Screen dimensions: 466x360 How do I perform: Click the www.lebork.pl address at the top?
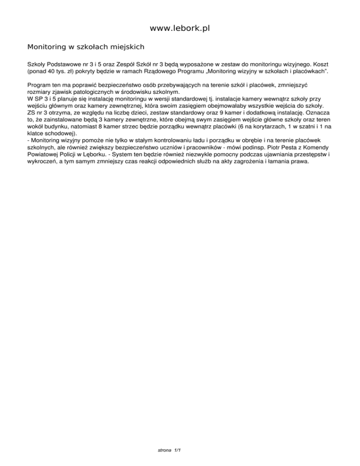180,29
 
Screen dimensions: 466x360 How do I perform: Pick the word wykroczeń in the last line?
44,159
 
